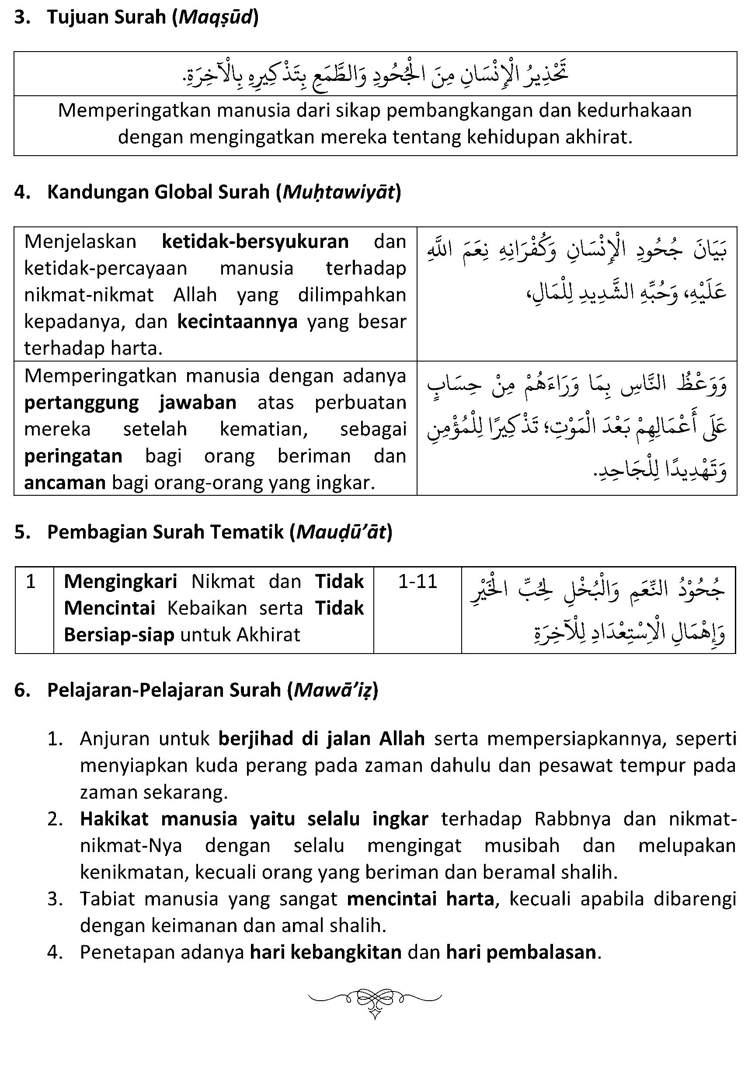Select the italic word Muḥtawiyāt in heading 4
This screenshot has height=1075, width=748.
pyautogui.click(x=338, y=192)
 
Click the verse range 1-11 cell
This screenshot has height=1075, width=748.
pyautogui.click(x=417, y=581)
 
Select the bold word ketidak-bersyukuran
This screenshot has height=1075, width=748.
pyautogui.click(x=255, y=242)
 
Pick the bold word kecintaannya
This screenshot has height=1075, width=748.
pyautogui.click(x=237, y=322)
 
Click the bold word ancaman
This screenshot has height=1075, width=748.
pyautogui.click(x=65, y=482)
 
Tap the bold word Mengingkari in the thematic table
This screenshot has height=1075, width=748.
pyautogui.click(x=120, y=581)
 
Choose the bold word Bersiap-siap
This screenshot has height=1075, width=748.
pyautogui.click(x=119, y=635)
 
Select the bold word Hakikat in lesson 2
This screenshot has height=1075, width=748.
pyautogui.click(x=114, y=819)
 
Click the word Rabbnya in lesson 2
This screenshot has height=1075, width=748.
pyautogui.click(x=572, y=819)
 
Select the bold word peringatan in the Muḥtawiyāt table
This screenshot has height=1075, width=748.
pyautogui.click(x=73, y=456)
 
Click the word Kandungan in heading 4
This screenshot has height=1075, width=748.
pyautogui.click(x=97, y=192)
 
